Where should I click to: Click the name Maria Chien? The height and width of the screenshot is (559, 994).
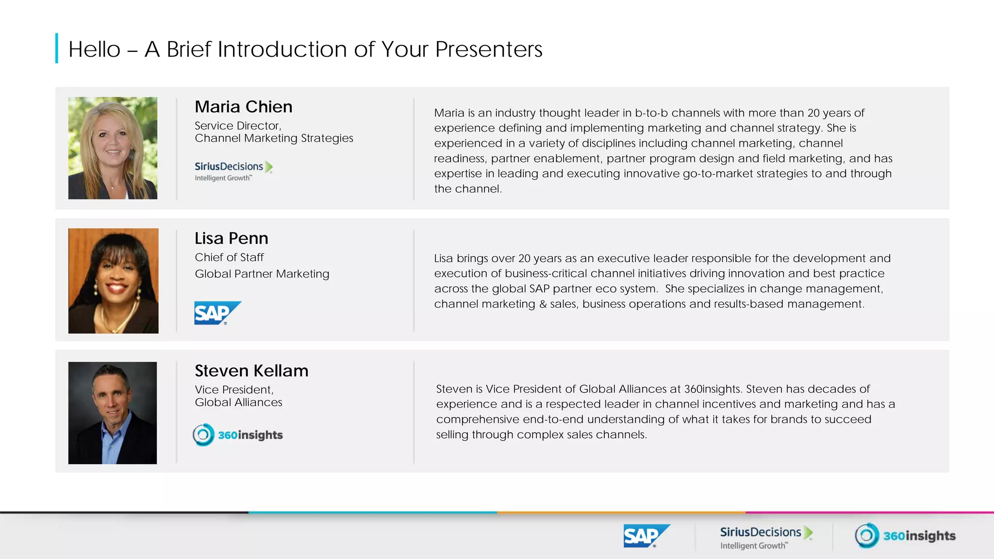pos(243,107)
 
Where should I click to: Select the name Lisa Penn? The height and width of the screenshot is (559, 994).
pos(231,238)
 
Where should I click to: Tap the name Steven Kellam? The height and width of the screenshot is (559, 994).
pos(251,371)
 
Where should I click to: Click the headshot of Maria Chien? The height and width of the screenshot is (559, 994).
pos(113,148)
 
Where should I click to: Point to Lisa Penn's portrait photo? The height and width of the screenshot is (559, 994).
pos(113,280)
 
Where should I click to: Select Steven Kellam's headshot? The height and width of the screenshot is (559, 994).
pos(113,413)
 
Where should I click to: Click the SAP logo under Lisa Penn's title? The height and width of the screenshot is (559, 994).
pos(216,313)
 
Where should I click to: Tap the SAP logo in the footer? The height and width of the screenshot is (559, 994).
pos(646,536)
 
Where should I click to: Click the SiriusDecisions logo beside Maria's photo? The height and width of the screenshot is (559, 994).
pos(233,171)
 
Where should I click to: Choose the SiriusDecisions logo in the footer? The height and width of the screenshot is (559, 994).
pos(765,537)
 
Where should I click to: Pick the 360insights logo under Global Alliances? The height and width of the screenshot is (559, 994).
pos(238,435)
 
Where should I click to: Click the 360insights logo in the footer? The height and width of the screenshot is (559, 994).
pos(905,536)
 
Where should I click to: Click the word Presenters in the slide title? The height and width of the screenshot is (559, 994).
pos(488,49)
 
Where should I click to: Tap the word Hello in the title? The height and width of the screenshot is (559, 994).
pos(94,49)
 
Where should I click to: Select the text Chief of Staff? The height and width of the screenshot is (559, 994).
pos(229,257)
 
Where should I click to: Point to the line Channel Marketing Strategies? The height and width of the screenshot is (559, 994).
pos(274,138)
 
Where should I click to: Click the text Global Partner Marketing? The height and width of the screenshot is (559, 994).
pos(262,274)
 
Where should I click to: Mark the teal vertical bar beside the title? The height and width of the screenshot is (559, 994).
pos(57,48)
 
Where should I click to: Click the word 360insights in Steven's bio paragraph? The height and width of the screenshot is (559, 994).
pos(712,389)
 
